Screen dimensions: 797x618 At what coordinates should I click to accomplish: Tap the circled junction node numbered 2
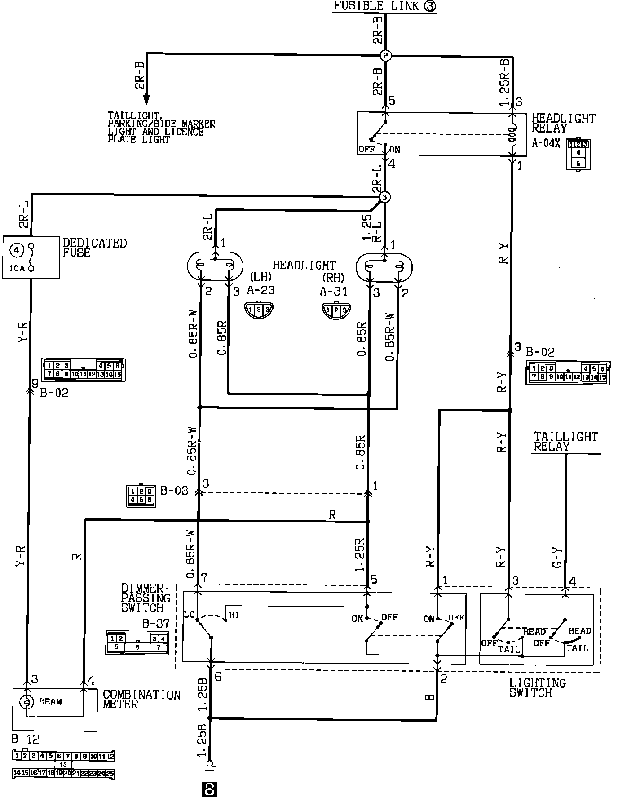pos(386,56)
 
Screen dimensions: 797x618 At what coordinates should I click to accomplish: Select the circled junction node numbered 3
pos(384,197)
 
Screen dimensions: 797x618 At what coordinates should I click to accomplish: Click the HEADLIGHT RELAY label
pos(563,123)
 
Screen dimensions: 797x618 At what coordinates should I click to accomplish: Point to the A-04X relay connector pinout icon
pos(578,154)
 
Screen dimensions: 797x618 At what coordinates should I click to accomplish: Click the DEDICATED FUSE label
pos(94,248)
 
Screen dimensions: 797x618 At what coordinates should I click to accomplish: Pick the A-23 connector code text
pos(260,290)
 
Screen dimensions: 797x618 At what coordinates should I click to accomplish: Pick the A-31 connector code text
pos(333,292)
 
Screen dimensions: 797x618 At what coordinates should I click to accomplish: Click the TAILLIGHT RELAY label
pos(565,441)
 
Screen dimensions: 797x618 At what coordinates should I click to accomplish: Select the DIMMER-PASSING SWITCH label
pos(146,598)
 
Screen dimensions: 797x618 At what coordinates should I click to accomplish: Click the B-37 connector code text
pos(156,624)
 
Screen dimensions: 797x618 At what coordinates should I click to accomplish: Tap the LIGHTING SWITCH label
pos(537,688)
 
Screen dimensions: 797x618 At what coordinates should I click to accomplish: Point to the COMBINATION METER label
pos(141,700)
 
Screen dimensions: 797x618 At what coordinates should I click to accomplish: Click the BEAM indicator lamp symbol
pos(27,701)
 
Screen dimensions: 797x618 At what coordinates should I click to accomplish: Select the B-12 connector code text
pos(26,739)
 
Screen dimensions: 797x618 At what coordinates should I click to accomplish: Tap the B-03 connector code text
pos(174,490)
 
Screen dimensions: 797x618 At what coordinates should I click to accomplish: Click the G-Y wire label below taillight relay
pos(557,557)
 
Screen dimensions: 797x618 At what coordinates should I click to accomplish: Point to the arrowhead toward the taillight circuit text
pos(146,98)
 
